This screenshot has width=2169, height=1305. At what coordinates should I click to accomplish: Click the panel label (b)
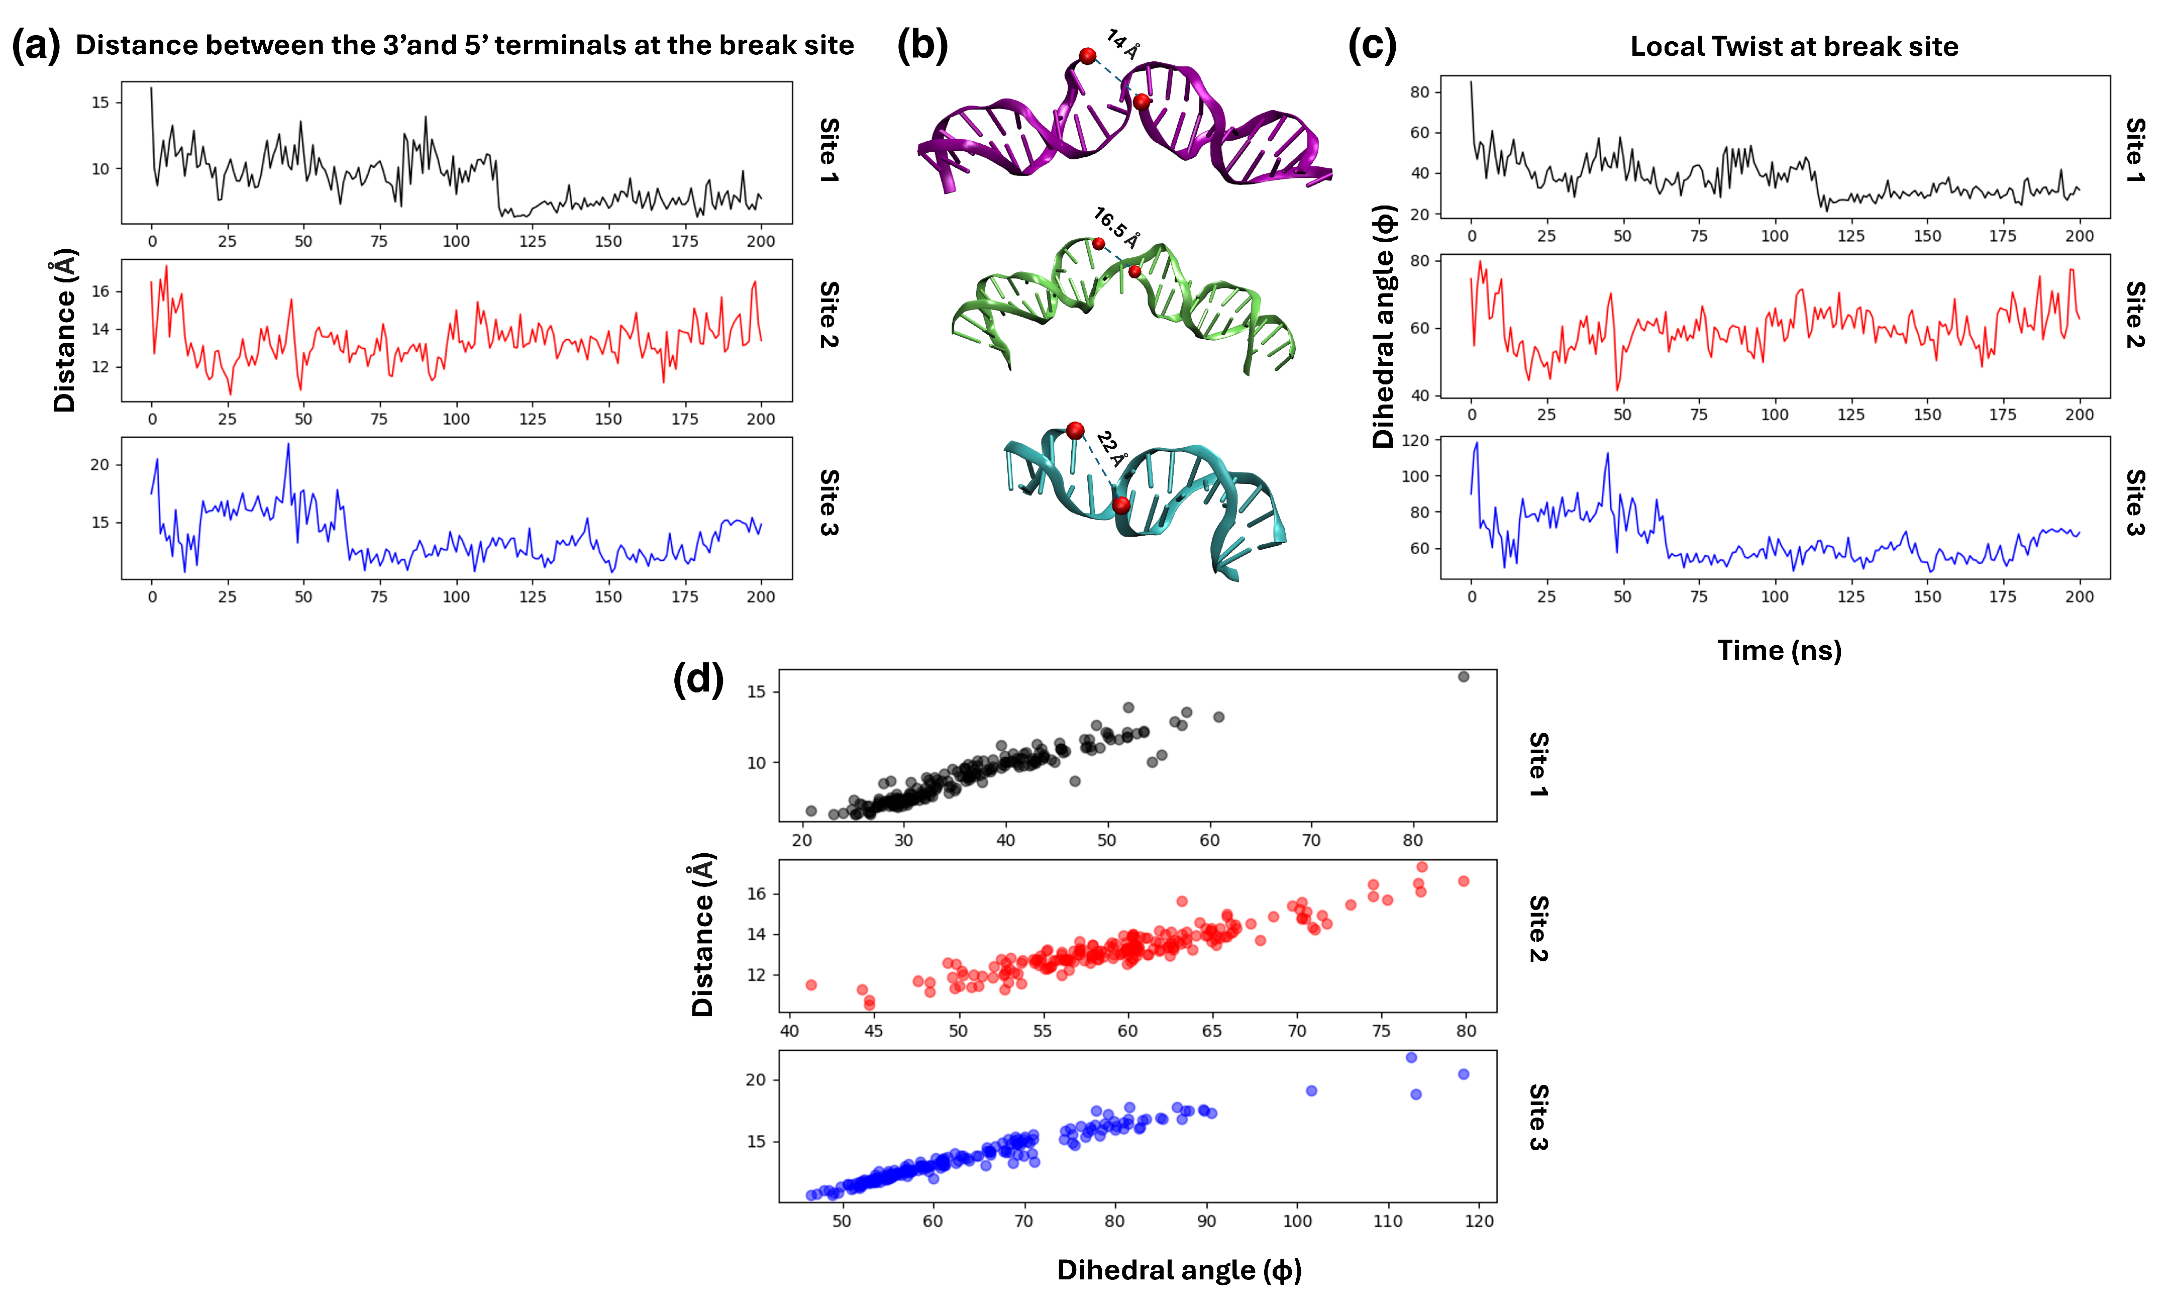point(921,45)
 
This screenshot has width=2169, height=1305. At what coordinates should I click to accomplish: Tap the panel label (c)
point(1372,45)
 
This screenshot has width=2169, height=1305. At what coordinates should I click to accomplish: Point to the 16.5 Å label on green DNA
point(1116,228)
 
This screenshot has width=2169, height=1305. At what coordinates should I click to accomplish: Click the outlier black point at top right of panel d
point(1463,676)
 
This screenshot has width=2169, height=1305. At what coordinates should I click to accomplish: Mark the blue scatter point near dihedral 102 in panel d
point(1311,1090)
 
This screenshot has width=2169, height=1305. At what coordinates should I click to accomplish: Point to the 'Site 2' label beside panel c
point(2135,315)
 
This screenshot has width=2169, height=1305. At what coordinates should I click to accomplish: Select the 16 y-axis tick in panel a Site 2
point(100,291)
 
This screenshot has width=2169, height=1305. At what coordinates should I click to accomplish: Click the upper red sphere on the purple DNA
point(1088,56)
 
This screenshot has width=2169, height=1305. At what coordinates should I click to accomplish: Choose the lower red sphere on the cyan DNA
point(1121,505)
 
